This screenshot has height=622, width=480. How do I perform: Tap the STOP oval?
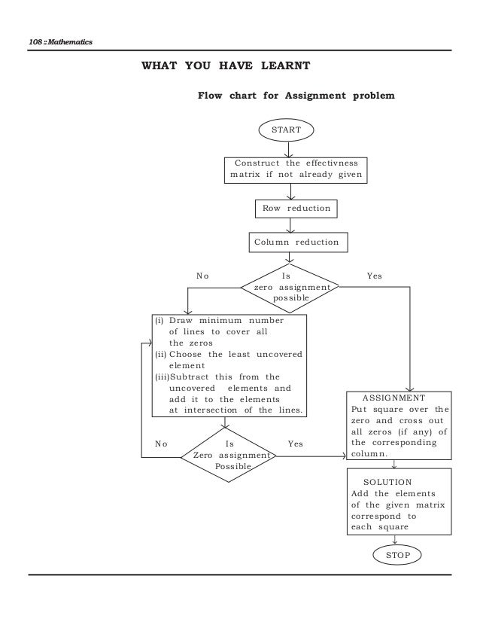tap(396, 554)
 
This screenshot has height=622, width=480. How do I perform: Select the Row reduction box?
tap(290, 207)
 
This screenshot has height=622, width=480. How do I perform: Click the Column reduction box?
tap(296, 242)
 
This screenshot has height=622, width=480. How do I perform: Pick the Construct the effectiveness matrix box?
tap(296, 170)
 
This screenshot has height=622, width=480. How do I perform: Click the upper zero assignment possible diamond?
tap(290, 287)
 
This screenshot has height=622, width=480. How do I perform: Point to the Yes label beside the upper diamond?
tap(374, 276)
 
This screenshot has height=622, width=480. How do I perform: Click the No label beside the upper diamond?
tap(202, 276)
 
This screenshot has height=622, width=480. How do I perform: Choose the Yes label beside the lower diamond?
tap(295, 444)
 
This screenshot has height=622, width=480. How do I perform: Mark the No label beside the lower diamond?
tap(160, 444)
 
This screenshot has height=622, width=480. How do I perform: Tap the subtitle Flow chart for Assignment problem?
tap(295, 96)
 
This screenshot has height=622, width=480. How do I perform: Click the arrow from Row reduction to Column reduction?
tap(290, 224)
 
